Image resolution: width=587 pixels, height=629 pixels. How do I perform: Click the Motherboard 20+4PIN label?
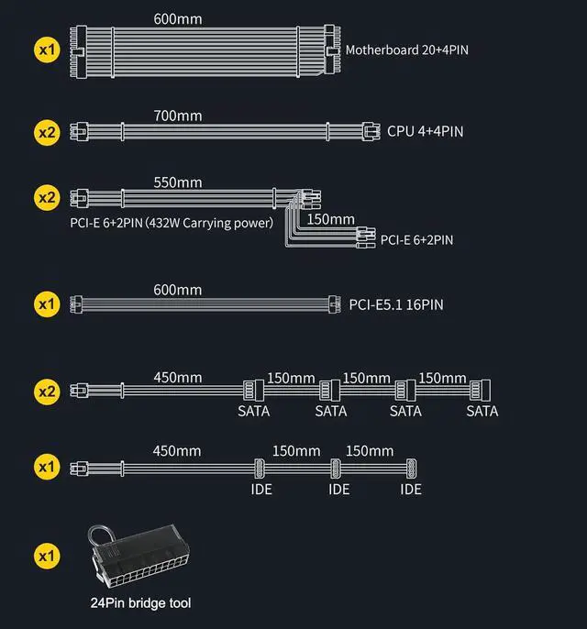coord(407,49)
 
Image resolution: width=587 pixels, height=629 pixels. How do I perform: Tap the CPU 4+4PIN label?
coord(425,131)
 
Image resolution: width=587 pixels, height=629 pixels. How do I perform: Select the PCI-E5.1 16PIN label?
coord(396,303)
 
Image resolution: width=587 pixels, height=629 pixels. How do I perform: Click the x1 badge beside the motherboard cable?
coord(47,49)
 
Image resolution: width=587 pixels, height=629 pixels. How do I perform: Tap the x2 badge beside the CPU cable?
coord(47,131)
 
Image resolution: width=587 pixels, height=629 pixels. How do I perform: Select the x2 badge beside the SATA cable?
coord(47,392)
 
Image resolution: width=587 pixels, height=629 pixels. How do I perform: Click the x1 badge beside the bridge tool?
coord(47,555)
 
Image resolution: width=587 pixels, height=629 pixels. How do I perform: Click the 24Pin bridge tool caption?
coord(141,602)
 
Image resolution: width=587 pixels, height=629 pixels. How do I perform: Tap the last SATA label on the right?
coord(482,411)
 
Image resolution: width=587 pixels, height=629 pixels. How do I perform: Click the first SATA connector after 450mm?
coord(253,390)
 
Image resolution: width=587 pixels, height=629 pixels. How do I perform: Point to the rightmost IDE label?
coord(411,490)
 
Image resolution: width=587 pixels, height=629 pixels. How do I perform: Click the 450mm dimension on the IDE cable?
coord(176,450)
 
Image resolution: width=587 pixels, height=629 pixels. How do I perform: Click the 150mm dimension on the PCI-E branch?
coord(330,219)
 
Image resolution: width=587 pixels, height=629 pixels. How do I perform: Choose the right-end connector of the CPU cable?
coord(371,130)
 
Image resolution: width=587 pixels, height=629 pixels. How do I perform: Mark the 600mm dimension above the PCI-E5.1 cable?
coord(178,290)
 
